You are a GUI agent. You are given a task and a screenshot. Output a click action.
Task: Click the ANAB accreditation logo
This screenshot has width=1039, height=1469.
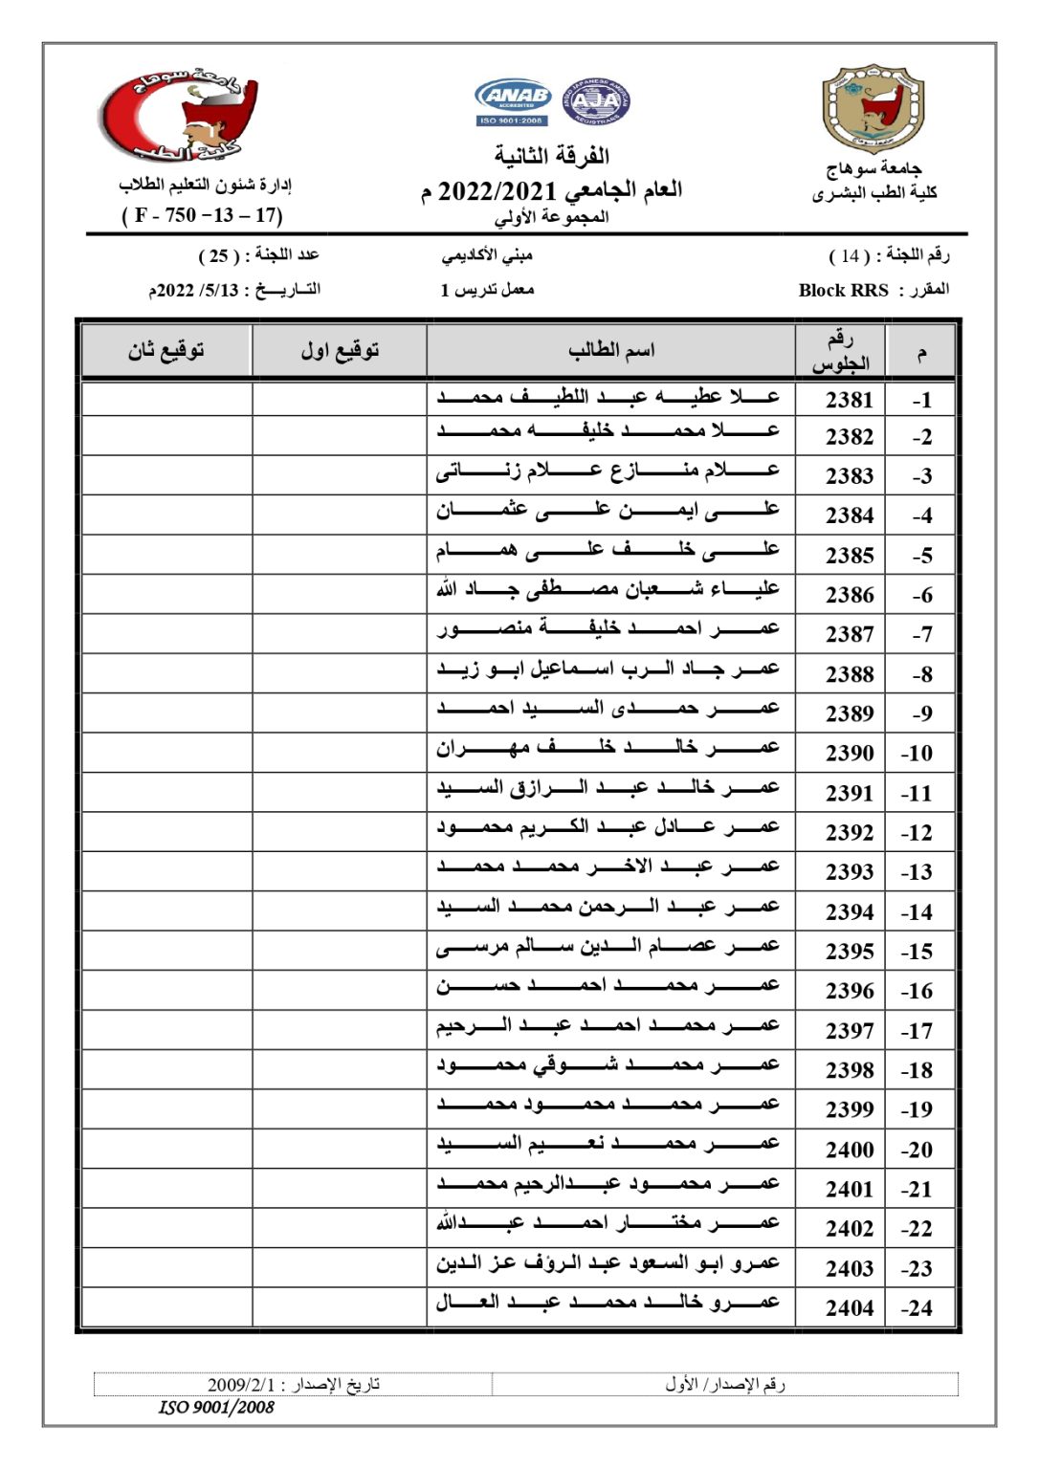tap(513, 101)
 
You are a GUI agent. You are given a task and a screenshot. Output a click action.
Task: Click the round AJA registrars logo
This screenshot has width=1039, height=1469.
tap(595, 102)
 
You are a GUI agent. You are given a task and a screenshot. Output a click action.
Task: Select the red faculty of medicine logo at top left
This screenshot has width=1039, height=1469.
tap(180, 115)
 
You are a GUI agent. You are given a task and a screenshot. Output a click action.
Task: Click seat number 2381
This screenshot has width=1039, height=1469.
tap(850, 400)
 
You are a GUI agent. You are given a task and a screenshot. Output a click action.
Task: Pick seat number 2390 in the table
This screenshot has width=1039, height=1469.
tap(850, 754)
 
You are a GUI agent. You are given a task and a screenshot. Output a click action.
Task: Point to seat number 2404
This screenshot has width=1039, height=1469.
tap(850, 1308)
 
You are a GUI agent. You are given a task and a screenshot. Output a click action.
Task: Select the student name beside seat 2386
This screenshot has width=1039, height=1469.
tap(608, 590)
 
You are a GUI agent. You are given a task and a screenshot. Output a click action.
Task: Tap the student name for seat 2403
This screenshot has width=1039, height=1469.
tap(608, 1263)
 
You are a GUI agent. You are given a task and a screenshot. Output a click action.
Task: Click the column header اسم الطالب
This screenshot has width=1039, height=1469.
tap(611, 351)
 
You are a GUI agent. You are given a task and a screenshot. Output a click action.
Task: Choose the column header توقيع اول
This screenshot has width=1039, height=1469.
tap(340, 351)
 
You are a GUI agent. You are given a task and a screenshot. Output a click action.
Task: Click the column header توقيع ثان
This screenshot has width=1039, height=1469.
tap(166, 351)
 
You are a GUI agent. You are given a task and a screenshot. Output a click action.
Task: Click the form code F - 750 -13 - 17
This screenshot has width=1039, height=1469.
tap(202, 215)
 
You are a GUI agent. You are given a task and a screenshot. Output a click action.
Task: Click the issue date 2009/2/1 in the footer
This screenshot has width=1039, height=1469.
tap(241, 1385)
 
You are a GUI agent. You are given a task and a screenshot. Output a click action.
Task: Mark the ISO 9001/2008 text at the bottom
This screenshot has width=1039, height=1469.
tap(216, 1407)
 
